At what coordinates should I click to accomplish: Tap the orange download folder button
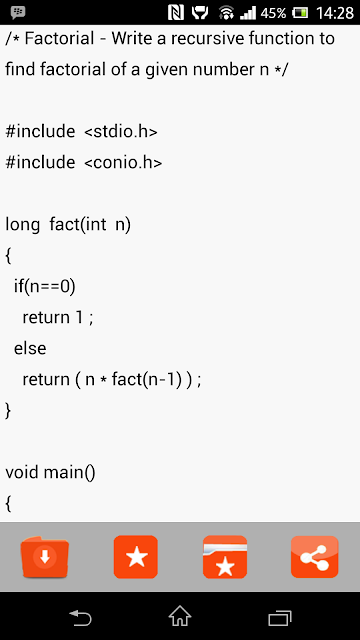tap(45, 557)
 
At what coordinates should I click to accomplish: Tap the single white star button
tap(136, 557)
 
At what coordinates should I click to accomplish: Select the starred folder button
tap(225, 557)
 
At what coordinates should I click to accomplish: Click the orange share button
tap(315, 557)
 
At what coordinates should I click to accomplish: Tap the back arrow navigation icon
tap(80, 617)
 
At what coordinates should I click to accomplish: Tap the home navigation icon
tap(180, 616)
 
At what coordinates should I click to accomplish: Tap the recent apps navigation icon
tap(280, 618)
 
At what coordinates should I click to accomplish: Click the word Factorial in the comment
tap(60, 39)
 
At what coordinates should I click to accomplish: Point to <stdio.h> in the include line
tap(121, 131)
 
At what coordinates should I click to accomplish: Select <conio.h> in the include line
tap(123, 162)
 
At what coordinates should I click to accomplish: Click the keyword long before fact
tap(22, 225)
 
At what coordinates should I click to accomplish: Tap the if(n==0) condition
tap(45, 287)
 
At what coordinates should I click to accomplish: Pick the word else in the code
tap(30, 348)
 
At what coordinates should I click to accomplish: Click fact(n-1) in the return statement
tap(146, 380)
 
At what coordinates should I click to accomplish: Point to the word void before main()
tap(22, 472)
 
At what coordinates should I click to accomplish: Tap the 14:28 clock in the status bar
tap(335, 13)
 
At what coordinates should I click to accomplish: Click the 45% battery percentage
tap(273, 13)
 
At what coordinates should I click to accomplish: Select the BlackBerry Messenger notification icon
tap(18, 13)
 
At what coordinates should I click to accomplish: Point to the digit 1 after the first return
tap(79, 318)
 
